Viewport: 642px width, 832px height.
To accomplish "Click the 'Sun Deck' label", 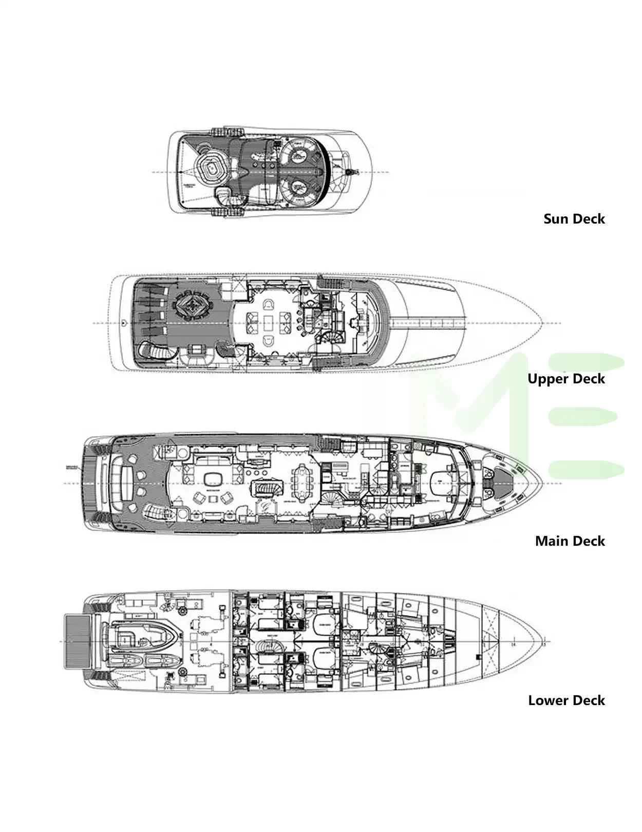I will tap(574, 218).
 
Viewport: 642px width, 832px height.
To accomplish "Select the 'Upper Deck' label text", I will tap(566, 379).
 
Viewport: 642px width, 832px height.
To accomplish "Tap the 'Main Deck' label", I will tap(570, 541).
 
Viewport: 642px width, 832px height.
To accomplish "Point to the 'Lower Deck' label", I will tap(566, 700).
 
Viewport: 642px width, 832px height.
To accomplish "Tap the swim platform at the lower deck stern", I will tap(77, 642).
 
